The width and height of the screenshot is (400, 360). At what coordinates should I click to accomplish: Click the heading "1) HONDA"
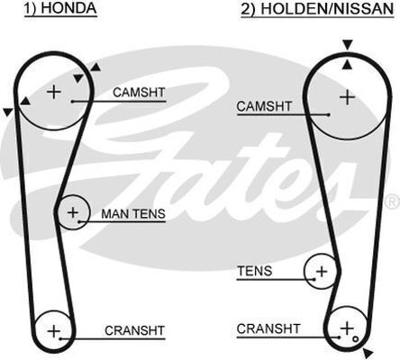pos(60,8)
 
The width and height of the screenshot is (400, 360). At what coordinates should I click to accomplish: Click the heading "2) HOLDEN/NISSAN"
pos(317,8)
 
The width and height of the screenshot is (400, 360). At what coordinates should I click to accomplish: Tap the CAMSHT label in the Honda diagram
pos(139,93)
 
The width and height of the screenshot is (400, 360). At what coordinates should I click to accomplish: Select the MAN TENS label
pos(133,214)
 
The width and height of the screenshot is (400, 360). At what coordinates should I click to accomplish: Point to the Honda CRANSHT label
pos(134,330)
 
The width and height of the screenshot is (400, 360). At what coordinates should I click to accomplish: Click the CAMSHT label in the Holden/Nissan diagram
pos(264,106)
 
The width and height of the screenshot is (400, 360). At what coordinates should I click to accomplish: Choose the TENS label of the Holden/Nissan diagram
pos(255,271)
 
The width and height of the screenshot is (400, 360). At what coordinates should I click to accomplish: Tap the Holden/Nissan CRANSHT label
pos(268,328)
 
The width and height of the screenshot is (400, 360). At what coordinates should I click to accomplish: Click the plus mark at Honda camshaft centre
pos(54,92)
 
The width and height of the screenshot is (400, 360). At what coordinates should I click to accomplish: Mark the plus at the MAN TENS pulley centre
pos(73,212)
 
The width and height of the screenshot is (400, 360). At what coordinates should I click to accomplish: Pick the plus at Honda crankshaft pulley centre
pos(54,331)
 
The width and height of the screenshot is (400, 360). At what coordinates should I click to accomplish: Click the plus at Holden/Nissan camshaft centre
pos(348,97)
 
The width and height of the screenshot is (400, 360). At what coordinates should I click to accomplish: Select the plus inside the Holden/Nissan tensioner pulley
pos(322,272)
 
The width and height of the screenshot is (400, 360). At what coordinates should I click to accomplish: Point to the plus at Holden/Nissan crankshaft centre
pos(347,328)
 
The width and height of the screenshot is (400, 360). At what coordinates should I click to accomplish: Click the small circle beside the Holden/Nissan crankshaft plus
pos(356,339)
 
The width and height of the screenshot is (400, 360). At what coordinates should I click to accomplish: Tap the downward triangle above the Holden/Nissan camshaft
pos(348,45)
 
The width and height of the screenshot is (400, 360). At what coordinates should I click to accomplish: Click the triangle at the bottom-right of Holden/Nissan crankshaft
pos(368,352)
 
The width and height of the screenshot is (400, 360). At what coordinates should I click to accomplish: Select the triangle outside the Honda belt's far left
pos(8,112)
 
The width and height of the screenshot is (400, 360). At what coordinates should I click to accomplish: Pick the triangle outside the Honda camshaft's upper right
pos(95,67)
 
